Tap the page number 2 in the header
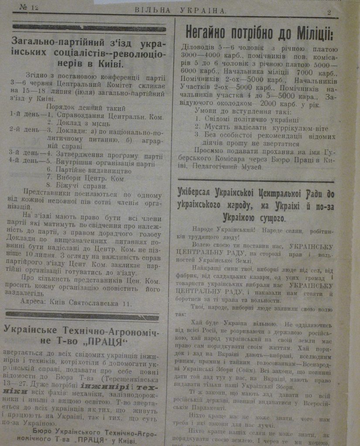(x=329, y=12)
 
